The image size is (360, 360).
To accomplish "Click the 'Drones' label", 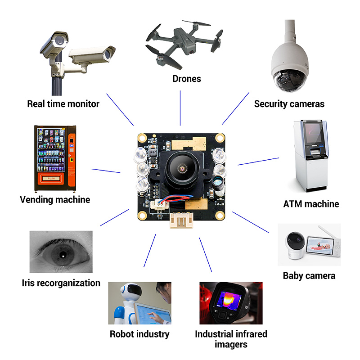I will click(x=187, y=79).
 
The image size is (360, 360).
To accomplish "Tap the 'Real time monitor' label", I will click(x=63, y=104).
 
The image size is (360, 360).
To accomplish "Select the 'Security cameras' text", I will click(x=289, y=104).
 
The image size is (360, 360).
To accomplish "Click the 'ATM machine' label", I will click(x=311, y=204).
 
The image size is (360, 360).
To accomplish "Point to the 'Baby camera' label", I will click(x=309, y=275).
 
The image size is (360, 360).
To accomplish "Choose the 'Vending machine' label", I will click(x=55, y=199).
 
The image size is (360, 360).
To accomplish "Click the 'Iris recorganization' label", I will click(x=61, y=283).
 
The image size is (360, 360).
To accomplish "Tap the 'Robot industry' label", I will click(x=139, y=334).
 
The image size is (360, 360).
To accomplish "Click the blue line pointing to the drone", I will click(x=180, y=108).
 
